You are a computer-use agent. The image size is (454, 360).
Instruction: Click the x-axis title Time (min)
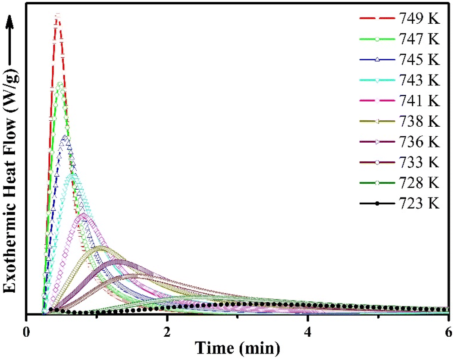[238, 347]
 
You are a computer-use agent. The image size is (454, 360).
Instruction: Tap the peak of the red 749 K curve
[57, 16]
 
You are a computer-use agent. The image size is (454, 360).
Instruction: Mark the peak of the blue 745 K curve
[66, 137]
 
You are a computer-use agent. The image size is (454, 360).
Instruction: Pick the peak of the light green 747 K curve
[59, 84]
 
